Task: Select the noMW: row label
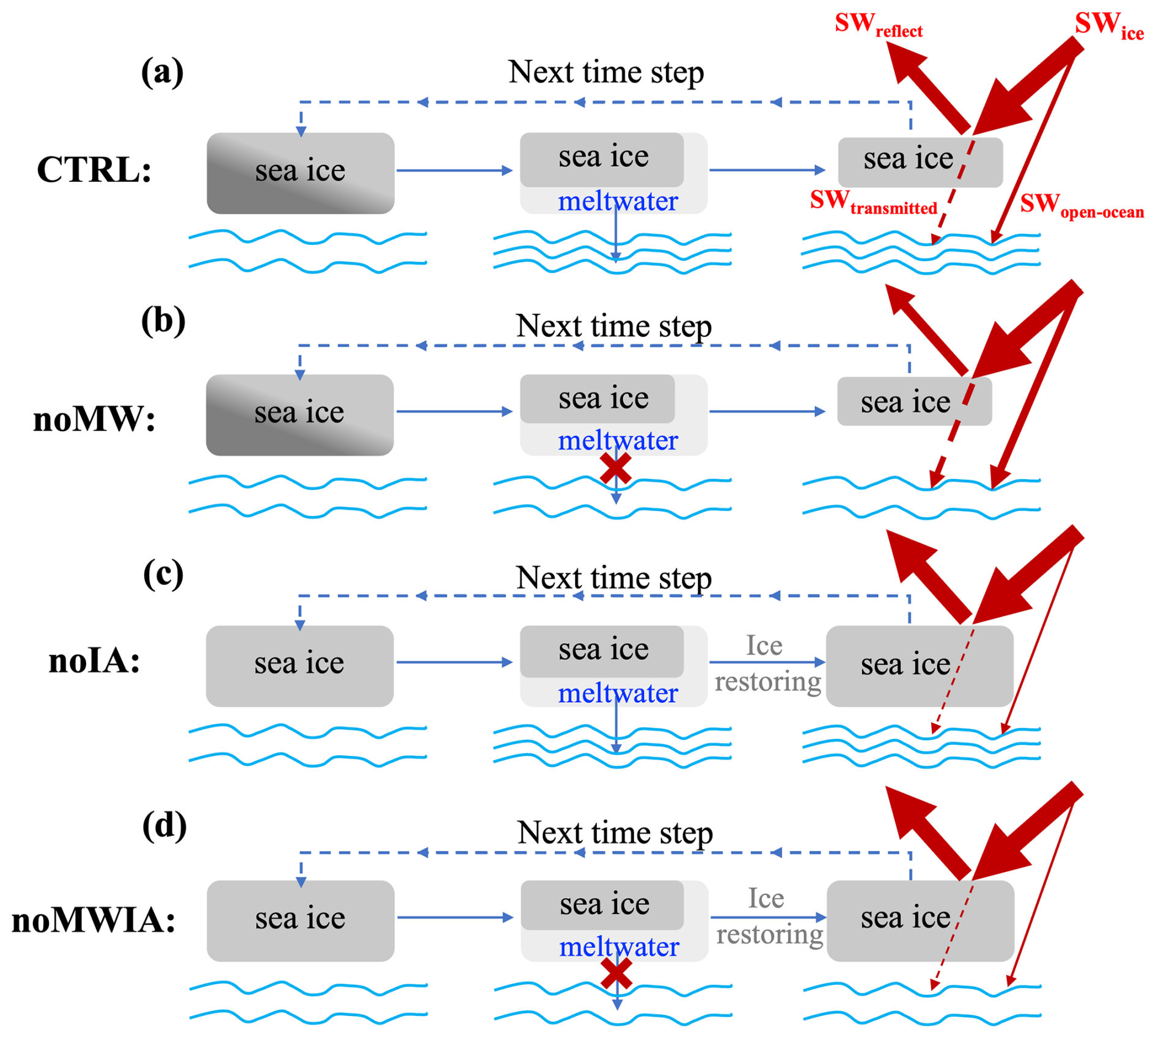[94, 420]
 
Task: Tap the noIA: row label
[94, 661]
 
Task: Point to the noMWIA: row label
[93, 921]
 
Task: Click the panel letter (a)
[162, 73]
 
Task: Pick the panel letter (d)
[164, 826]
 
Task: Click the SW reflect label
[877, 26]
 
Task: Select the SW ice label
[1108, 26]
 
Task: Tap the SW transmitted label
[873, 203]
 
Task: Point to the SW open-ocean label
[1081, 206]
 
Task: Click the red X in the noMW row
[616, 469]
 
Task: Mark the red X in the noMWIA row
[616, 973]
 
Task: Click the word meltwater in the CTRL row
[618, 201]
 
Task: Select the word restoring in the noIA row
[768, 681]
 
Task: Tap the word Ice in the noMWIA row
[766, 898]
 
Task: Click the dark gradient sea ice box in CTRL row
[300, 173]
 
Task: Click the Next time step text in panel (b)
[613, 326]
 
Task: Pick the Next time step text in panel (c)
[613, 578]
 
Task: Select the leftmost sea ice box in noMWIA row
[300, 920]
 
